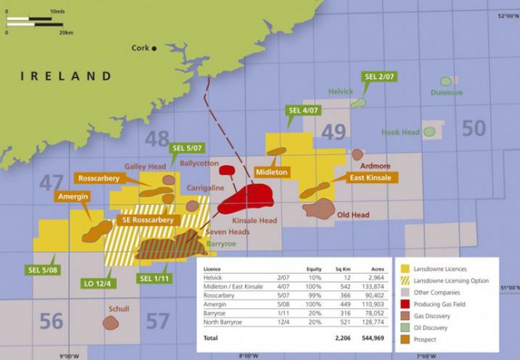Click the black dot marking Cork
[x=154, y=49]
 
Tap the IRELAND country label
[x=66, y=76]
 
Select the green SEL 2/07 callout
[x=379, y=77]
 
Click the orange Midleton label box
[x=272, y=171]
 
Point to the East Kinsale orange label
[x=370, y=178]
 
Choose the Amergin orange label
[x=74, y=197]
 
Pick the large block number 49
[x=333, y=132]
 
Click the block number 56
[x=52, y=321]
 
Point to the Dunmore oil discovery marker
[x=446, y=81]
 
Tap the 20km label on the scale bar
[x=65, y=32]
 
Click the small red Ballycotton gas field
[x=227, y=169]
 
